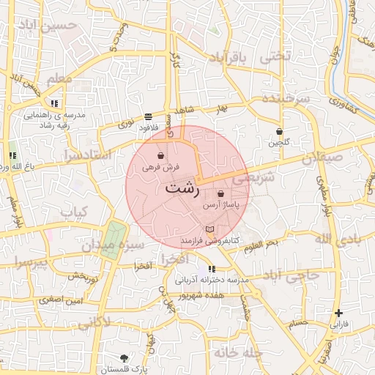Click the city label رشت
tap(182, 187)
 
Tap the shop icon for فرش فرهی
tap(160, 155)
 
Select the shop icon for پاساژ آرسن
tap(220, 194)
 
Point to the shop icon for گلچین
tap(279, 132)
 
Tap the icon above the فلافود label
tap(149, 116)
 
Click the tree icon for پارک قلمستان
tap(123, 358)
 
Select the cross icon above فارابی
tap(338, 313)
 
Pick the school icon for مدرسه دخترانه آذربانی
tap(212, 269)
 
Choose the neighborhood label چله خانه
tap(238, 353)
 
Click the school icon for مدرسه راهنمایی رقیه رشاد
tap(55, 104)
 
